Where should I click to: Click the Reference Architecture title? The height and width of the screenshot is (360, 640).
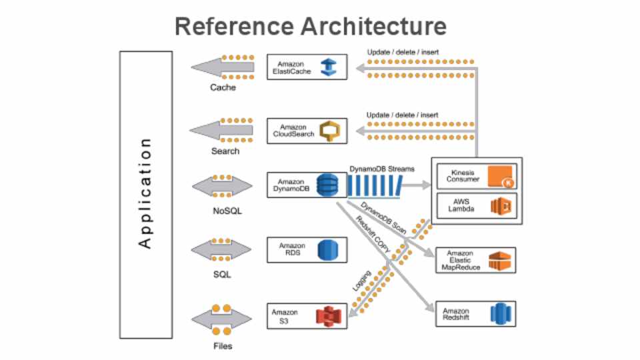[311, 27]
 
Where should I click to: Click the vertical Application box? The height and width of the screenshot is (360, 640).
[146, 194]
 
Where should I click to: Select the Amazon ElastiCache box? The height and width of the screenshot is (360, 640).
[307, 67]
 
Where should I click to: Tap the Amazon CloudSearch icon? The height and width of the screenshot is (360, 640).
[329, 131]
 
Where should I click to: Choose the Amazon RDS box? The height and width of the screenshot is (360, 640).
[307, 250]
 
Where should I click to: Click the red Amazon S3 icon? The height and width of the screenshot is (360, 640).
[327, 315]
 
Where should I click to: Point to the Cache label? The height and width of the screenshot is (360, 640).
[223, 87]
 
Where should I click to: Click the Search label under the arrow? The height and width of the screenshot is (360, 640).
[225, 151]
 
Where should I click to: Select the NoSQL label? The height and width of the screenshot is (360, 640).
[223, 211]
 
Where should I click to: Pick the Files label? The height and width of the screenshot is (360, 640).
[223, 346]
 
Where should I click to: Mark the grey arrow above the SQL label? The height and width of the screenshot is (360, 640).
[221, 250]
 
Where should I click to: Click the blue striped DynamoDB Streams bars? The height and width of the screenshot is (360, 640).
[373, 186]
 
